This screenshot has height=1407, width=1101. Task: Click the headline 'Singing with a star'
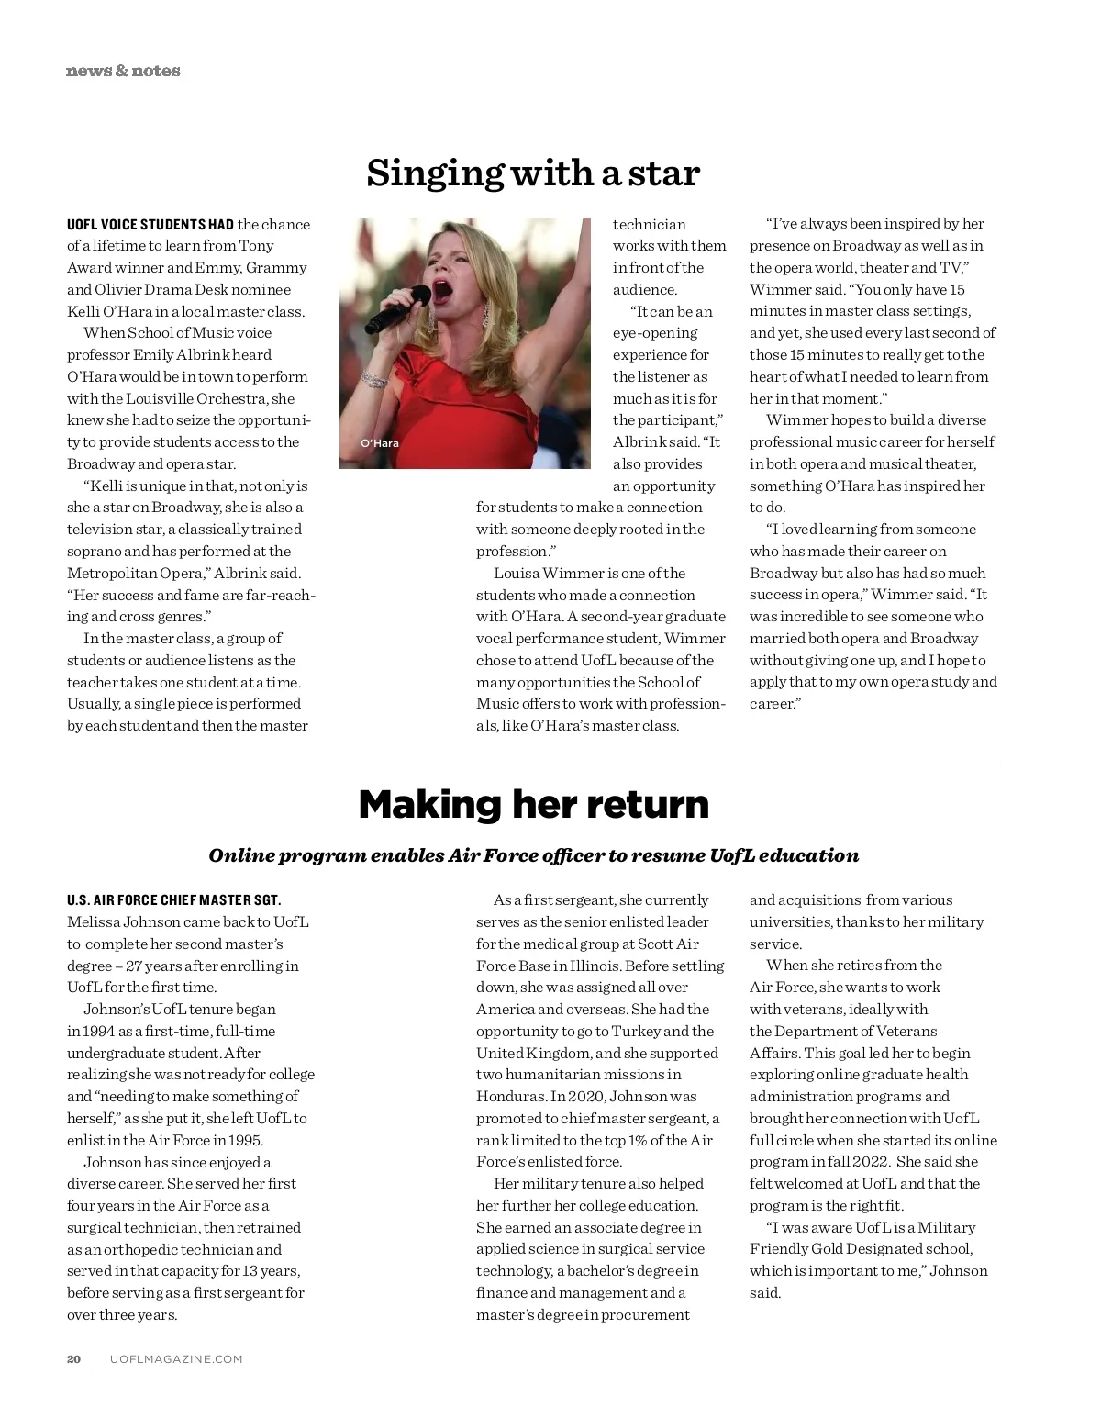533,173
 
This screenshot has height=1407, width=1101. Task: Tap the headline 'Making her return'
533,804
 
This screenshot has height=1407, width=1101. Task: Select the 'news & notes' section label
123,71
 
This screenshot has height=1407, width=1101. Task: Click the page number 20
73,1359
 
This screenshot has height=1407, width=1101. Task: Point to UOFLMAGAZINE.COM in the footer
176,1359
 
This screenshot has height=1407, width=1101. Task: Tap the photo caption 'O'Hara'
380,443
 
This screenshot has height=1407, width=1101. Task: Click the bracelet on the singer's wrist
374,378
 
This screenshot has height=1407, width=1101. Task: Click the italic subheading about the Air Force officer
533,855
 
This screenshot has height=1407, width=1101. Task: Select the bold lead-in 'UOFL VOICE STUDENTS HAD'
150,225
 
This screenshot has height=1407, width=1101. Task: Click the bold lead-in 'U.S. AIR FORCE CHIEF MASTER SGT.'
173,900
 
